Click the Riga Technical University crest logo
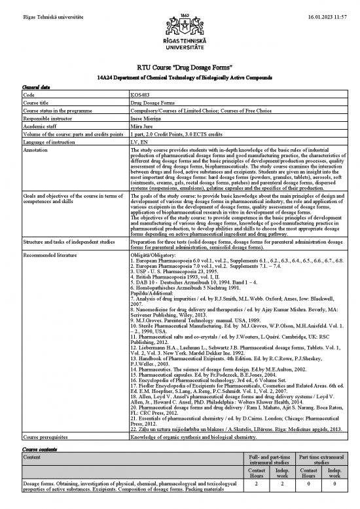(179, 26)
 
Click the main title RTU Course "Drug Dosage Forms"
(179, 68)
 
